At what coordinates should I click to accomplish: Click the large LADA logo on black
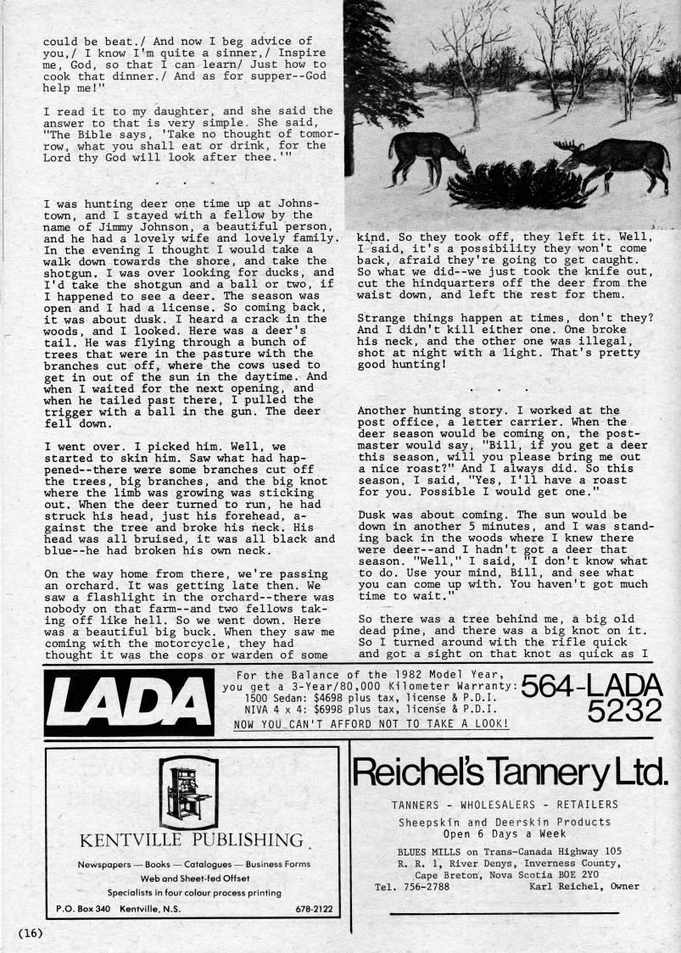pos(118,701)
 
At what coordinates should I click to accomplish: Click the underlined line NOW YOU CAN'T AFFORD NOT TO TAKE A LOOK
pos(371,724)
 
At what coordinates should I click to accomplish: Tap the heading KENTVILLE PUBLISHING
pos(191,840)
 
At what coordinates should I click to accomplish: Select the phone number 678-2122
pos(314,910)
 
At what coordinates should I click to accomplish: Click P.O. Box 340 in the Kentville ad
pos(87,910)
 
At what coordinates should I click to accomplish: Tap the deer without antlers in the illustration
pos(427,153)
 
